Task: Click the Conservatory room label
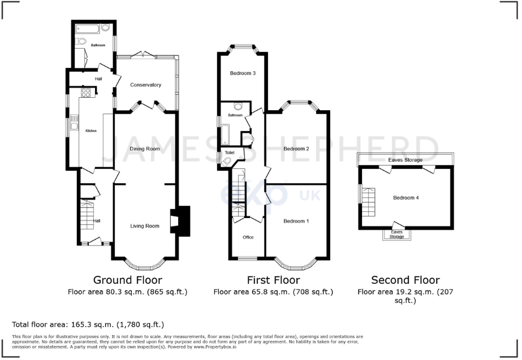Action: (x=145, y=85)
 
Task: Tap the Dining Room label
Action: (x=145, y=149)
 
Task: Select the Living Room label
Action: (x=145, y=226)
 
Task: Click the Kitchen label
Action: (x=91, y=131)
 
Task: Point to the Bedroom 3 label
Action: (x=243, y=73)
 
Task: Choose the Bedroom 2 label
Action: (x=296, y=149)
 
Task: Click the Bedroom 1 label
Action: (x=296, y=220)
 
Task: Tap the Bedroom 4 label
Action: (x=406, y=198)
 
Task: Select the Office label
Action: (x=248, y=237)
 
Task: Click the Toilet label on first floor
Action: (x=230, y=153)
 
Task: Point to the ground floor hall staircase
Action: (x=88, y=214)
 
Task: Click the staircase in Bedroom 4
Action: (x=368, y=202)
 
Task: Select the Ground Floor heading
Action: (x=127, y=280)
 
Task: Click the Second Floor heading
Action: (x=405, y=280)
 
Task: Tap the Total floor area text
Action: (x=88, y=324)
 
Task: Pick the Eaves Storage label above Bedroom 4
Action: (x=405, y=160)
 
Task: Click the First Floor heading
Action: (x=273, y=280)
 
